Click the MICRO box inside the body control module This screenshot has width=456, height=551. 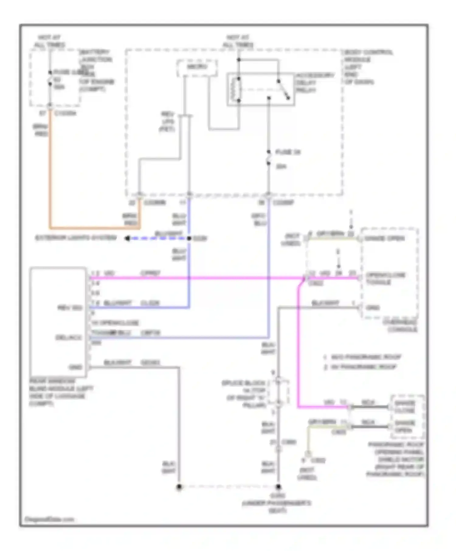197,67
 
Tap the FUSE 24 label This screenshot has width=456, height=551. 288,152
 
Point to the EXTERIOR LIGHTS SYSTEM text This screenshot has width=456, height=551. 76,238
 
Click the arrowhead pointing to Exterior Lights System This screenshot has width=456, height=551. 127,238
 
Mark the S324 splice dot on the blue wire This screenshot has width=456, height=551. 189,238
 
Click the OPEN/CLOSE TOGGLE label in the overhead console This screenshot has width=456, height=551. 385,279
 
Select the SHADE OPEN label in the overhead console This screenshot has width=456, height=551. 384,238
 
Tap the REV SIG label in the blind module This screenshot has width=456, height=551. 70,308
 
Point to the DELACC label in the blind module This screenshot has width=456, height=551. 69,337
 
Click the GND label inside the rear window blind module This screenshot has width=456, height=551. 75,367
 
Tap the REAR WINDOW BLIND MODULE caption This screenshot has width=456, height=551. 61,392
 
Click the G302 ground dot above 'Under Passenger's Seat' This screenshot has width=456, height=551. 278,487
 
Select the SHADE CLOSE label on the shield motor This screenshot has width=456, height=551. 404,407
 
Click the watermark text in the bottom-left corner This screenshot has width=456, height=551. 49,519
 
